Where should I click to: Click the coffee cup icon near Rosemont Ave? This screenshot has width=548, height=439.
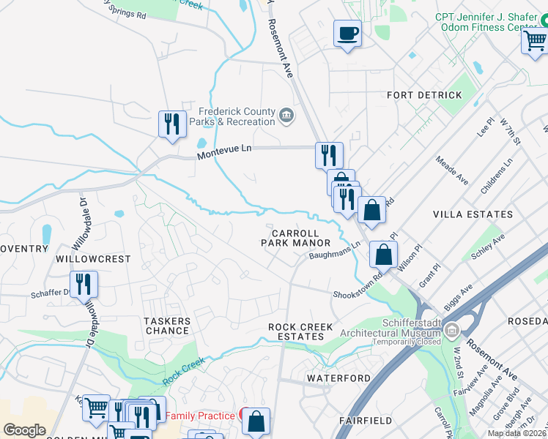(x=347, y=33)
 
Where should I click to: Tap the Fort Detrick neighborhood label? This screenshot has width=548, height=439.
(x=424, y=95)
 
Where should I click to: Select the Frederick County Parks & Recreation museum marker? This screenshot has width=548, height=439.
(x=286, y=113)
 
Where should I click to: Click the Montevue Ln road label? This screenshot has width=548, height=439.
(x=224, y=149)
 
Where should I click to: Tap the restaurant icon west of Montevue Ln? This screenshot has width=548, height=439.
(x=172, y=123)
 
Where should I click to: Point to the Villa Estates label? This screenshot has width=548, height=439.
(x=473, y=214)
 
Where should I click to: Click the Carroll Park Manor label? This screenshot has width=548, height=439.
(x=296, y=237)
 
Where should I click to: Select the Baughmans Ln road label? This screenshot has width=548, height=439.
(x=335, y=251)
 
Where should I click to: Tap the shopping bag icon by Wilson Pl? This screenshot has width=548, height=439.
(x=383, y=255)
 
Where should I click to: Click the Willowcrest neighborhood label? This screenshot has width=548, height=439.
(x=92, y=259)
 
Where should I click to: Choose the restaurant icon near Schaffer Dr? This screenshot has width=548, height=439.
(x=84, y=283)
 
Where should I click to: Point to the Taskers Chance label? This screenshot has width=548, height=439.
(x=167, y=326)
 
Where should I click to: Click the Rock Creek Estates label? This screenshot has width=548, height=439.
(x=300, y=331)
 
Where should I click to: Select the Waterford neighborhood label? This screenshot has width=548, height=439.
(x=338, y=378)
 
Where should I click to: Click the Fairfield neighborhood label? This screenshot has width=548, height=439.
(x=367, y=421)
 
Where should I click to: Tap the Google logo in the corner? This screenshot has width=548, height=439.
(x=25, y=430)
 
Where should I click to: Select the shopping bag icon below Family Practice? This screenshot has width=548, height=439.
(x=256, y=421)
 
